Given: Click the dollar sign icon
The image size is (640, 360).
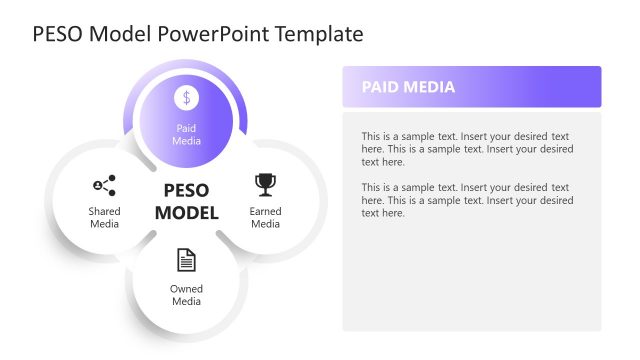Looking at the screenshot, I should [187, 98].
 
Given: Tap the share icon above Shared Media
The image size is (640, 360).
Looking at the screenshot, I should [104, 185].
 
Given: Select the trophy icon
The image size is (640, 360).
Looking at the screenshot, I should [265, 184].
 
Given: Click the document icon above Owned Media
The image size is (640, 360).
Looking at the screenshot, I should [186, 260].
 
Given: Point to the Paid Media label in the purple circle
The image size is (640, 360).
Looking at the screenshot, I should [187, 135].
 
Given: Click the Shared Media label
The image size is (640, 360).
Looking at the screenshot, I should [104, 218].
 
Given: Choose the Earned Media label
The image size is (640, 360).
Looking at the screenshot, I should [265, 218].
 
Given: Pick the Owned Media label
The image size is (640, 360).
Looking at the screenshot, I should [186, 295].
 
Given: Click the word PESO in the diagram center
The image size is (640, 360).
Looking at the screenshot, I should [185, 191].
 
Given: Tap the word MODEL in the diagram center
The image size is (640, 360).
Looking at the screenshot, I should [185, 213].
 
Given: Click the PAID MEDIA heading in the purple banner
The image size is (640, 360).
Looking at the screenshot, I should [408, 87].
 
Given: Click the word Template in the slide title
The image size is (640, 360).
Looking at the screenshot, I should [318, 34].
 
